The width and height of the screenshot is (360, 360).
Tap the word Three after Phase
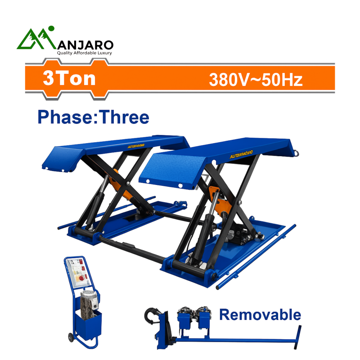tap(124, 117)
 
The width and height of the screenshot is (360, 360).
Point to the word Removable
tap(260, 315)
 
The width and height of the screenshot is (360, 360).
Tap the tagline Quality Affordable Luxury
tap(84, 53)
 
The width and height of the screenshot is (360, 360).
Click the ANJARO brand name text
tap(85, 45)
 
